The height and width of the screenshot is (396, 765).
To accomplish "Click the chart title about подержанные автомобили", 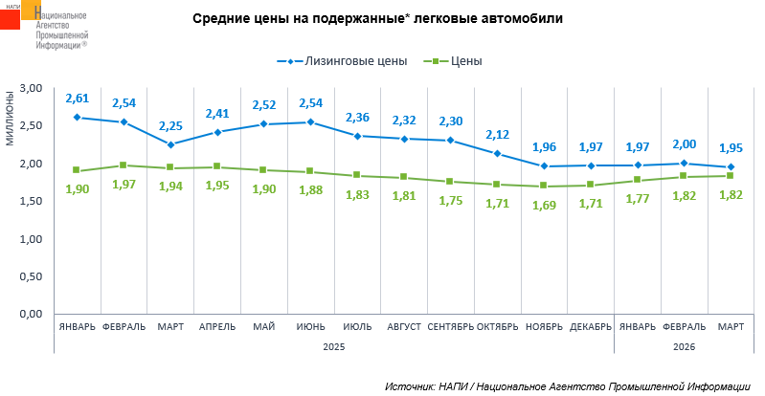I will pyautogui.click(x=377, y=18).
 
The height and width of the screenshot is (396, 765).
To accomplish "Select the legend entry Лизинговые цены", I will pyautogui.click(x=349, y=61).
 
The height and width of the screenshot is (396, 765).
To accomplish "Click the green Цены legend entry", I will pyautogui.click(x=459, y=61).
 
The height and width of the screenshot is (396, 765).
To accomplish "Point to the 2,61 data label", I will pyautogui.click(x=77, y=99).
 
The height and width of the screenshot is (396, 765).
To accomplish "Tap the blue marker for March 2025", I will pyautogui.click(x=170, y=144).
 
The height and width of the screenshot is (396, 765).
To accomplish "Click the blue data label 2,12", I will pyautogui.click(x=497, y=135).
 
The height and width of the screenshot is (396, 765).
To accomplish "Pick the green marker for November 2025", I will pyautogui.click(x=544, y=186).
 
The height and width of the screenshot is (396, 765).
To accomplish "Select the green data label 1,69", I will pyautogui.click(x=544, y=204).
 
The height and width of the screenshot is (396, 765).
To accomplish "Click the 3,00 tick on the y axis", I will pyautogui.click(x=33, y=88).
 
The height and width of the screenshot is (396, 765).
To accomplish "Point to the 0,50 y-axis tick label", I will pyautogui.click(x=33, y=276).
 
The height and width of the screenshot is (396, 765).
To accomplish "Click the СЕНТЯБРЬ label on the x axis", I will pyautogui.click(x=450, y=326).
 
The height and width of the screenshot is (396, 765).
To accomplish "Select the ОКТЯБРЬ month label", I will pyautogui.click(x=497, y=326).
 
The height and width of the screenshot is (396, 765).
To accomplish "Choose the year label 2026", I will pyautogui.click(x=684, y=346).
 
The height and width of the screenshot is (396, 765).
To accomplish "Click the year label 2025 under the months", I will pyautogui.click(x=333, y=346).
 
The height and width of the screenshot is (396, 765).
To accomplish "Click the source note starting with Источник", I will pyautogui.click(x=568, y=385).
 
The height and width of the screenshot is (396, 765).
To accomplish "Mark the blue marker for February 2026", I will pyautogui.click(x=684, y=163).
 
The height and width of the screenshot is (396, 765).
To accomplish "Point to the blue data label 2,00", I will pyautogui.click(x=684, y=144).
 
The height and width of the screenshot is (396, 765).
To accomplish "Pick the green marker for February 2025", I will pyautogui.click(x=124, y=165).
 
